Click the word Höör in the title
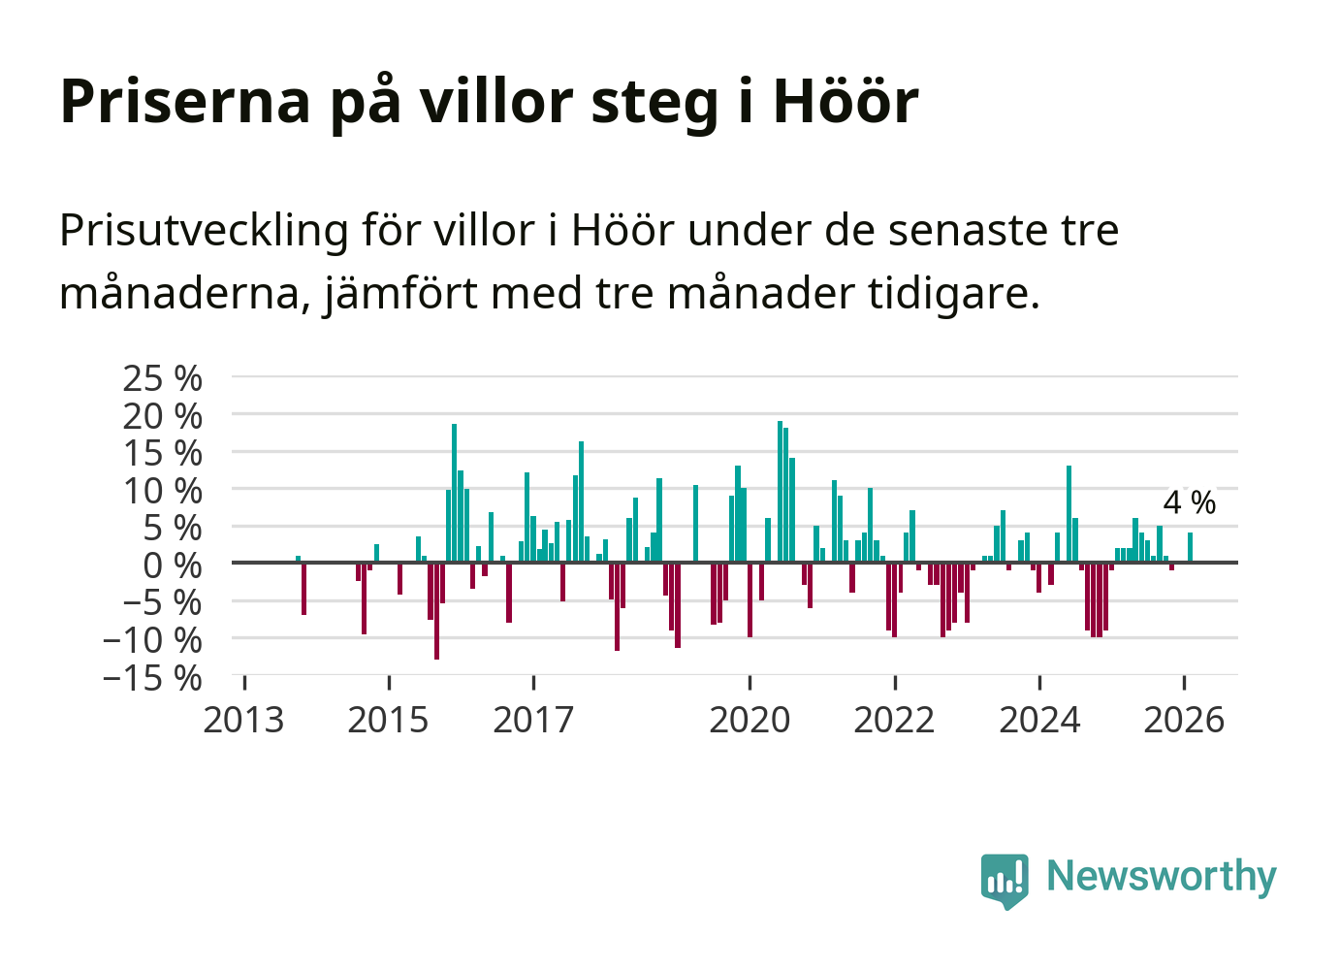pos(845,101)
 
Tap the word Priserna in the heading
pos(185,101)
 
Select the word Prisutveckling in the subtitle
pos(204,231)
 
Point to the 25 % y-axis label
pos(162,378)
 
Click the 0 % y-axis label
pos(173,565)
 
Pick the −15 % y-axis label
pos(152,678)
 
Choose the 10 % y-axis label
pos(162,491)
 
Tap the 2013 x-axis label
pos(243,721)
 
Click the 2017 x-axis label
pos(533,721)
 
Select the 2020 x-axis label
pos(750,721)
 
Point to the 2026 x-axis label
pos(1184,721)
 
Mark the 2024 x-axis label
pos(1039,721)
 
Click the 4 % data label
pos(1189,502)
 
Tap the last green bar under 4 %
pos(1190,547)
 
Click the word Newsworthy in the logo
pos(1162,876)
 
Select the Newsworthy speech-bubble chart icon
pos(1005,880)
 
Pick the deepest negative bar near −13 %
pos(436,611)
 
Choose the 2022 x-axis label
pos(894,721)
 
